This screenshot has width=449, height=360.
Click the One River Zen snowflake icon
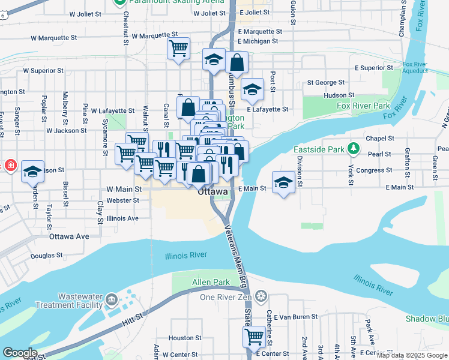click(x=260, y=296)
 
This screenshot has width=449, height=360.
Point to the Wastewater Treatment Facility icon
click(x=111, y=299)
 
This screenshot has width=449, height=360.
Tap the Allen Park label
click(x=203, y=282)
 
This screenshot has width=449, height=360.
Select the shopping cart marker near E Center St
click(x=254, y=335)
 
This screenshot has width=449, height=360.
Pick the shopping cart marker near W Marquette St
click(x=179, y=48)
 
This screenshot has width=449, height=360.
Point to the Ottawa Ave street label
click(x=69, y=236)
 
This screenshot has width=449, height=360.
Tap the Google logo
click(x=19, y=353)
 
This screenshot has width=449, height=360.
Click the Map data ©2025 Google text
click(x=412, y=355)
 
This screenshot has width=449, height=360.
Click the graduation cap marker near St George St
click(x=253, y=89)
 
